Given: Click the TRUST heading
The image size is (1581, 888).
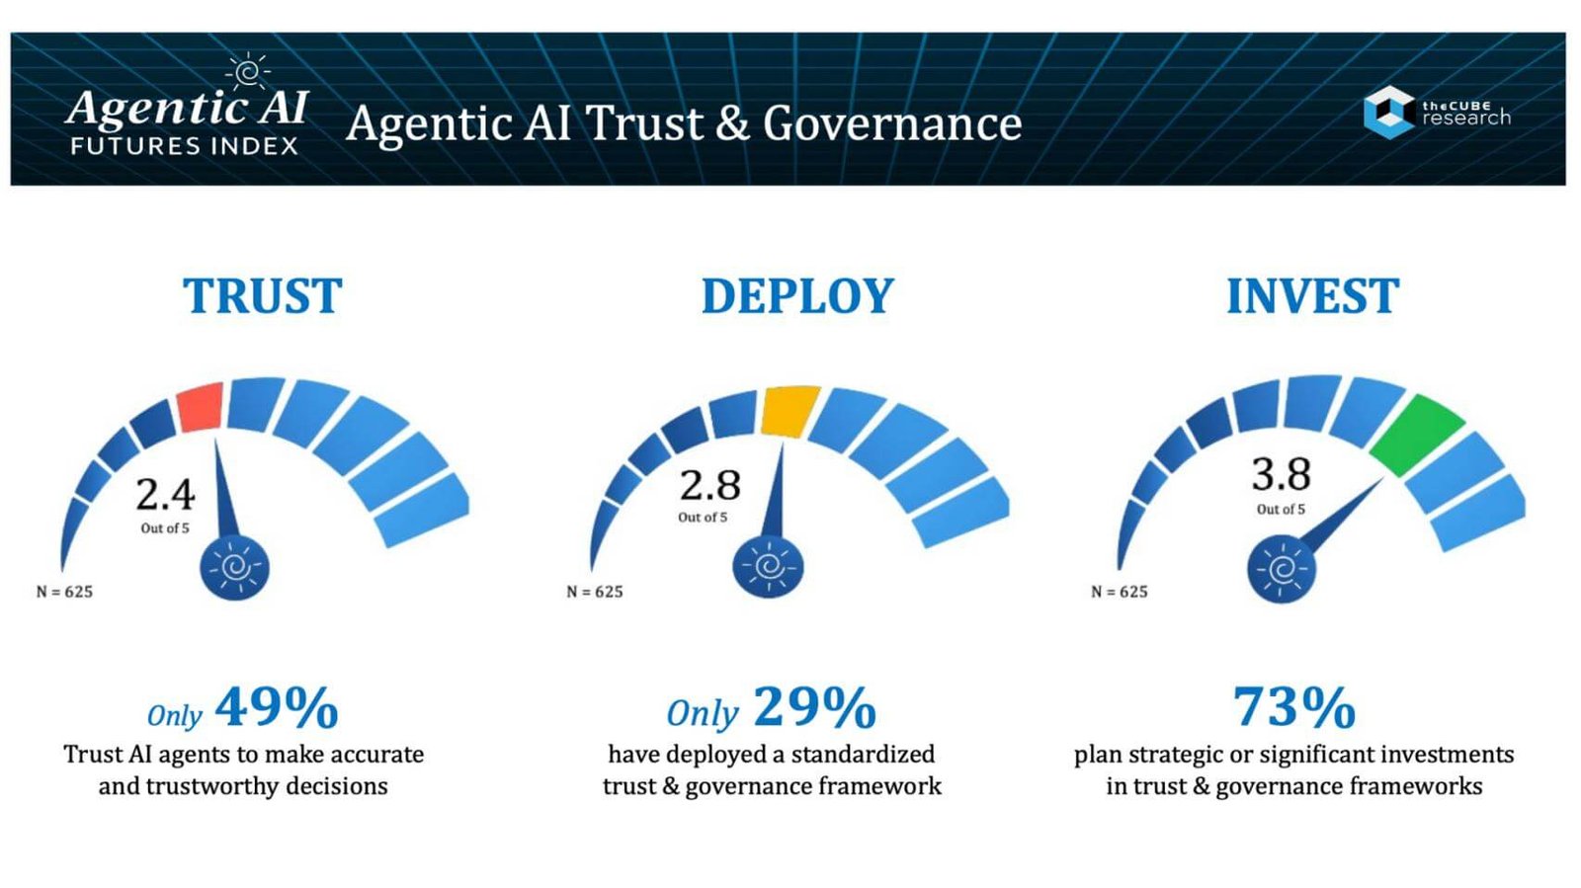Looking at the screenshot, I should coord(262,296).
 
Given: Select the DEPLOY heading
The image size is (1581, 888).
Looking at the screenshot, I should coord(797,296).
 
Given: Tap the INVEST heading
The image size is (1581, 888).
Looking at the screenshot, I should coord(1312,296).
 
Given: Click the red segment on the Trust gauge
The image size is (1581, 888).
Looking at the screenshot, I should coord(201,407).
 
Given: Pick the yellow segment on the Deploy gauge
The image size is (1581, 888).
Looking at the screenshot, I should coord(790,411).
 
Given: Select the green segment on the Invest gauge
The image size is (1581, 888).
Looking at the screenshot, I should coord(1416,435).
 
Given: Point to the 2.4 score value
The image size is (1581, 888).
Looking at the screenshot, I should coord(165,494).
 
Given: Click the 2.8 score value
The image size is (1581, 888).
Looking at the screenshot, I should coord(709,485).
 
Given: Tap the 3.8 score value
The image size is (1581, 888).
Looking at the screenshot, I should coord(1281,474).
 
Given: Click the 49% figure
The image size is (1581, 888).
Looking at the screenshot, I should coord(277,707).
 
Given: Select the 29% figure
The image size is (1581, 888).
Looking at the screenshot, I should coord(815,707).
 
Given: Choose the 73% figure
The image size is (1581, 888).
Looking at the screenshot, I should coord(1293,707).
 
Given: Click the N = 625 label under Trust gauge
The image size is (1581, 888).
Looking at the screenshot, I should coord(64,592).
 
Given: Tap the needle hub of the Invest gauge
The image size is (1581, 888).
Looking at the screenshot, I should coord(1281,569).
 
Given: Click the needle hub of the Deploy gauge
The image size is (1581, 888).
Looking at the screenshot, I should coord(768,567).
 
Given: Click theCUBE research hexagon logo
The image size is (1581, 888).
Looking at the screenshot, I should coord(1388,112).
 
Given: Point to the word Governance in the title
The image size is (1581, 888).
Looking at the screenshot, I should coord(891,124).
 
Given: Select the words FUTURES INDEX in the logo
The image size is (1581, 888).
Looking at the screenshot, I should coord(184,146).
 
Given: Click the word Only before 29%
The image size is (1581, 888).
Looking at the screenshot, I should coord(702,712).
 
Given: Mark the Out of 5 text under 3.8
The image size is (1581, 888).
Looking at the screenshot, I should coord(1281,510).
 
